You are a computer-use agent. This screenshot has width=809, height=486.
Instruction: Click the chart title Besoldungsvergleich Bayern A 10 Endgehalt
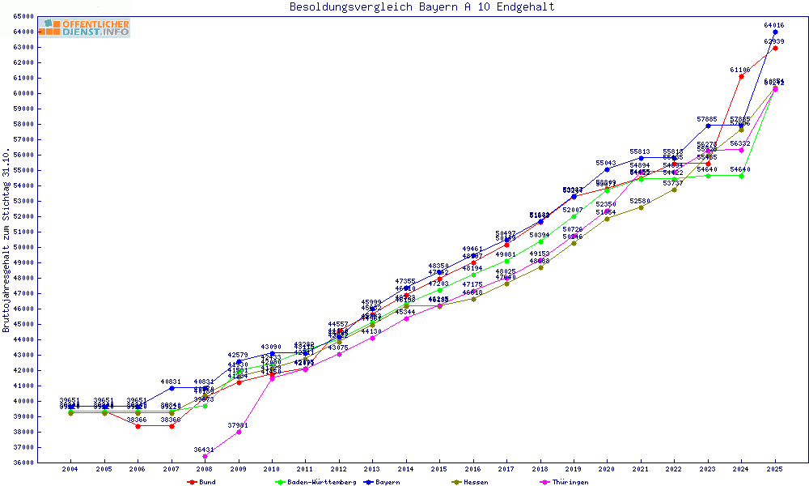click(422, 7)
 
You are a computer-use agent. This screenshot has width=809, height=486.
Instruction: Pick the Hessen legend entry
click(476, 482)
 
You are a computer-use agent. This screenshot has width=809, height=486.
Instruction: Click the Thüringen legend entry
click(570, 482)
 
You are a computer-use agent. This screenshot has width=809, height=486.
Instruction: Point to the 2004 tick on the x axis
click(70, 469)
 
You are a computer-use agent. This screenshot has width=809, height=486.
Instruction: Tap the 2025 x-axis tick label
click(775, 469)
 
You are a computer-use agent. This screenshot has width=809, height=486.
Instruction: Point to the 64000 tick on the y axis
click(23, 32)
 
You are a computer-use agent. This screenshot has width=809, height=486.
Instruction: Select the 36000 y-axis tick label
click(23, 463)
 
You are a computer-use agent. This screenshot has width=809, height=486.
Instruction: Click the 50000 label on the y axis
click(23, 247)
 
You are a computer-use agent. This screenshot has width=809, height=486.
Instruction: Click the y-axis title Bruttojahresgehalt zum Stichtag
click(6, 241)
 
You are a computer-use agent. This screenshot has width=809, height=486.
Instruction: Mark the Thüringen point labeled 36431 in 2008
click(205, 456)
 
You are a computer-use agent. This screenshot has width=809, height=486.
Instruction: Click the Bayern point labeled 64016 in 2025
click(775, 32)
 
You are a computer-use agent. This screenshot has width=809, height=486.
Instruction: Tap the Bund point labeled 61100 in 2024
click(741, 76)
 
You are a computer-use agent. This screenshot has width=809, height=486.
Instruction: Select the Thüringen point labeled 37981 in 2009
click(239, 432)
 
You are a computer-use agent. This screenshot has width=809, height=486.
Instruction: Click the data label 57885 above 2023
click(707, 119)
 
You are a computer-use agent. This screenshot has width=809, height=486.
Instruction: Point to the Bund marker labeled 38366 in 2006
click(138, 426)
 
